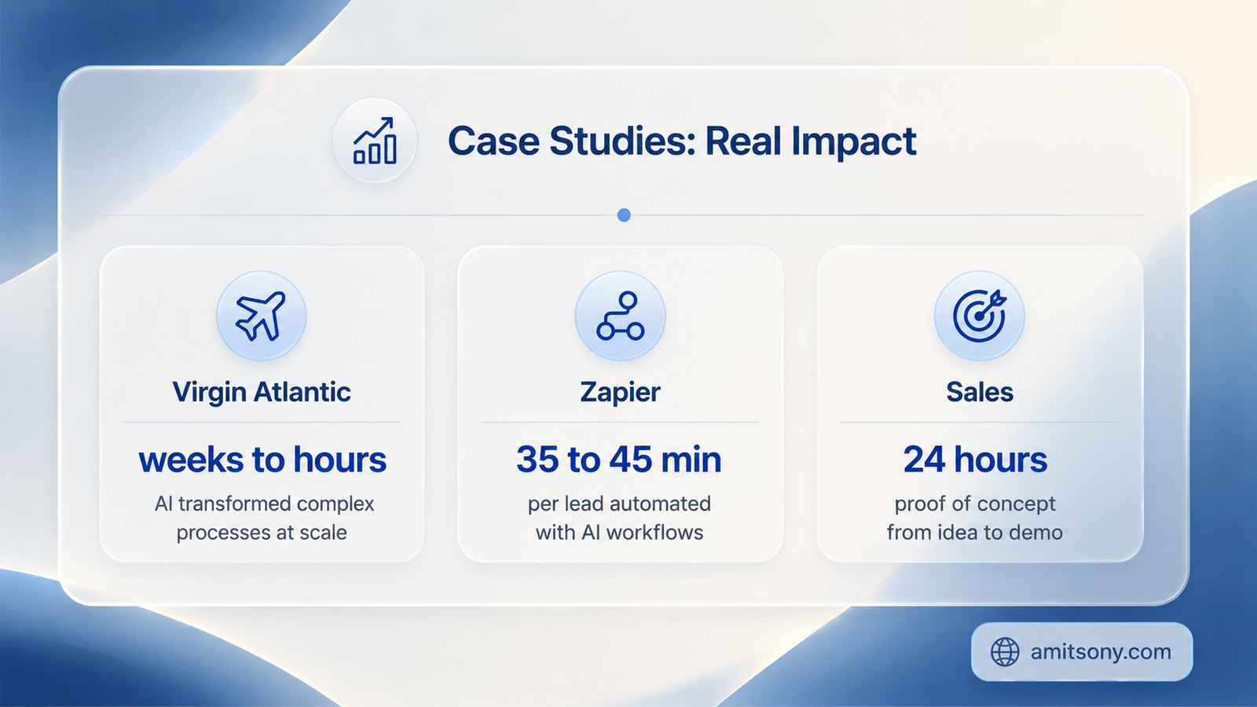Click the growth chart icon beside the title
point(375,141)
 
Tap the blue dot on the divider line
point(624,215)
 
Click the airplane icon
point(261,316)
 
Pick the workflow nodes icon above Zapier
point(621,316)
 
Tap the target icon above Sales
point(980,316)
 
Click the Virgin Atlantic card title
point(262,392)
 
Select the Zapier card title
point(620,392)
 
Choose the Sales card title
point(980,392)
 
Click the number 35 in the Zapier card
point(537,460)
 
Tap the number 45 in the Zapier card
point(631,460)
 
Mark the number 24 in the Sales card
point(925,460)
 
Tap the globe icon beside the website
point(1005,652)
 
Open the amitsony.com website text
point(1101,652)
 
